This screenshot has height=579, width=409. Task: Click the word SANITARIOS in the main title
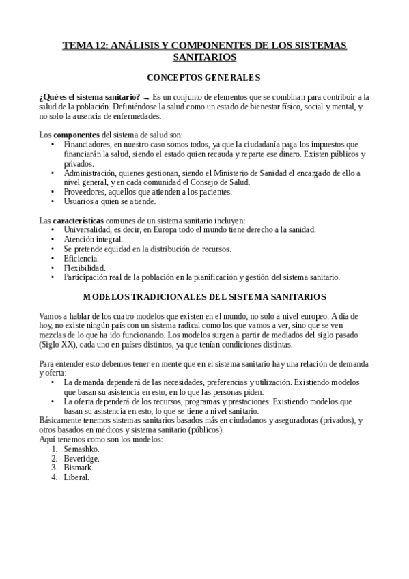point(204,58)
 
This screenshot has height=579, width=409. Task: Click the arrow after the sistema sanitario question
point(147,98)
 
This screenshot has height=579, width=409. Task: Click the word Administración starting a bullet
point(91,173)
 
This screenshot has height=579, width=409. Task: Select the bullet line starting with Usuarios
point(109,201)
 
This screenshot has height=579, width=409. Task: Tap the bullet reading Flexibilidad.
point(84,268)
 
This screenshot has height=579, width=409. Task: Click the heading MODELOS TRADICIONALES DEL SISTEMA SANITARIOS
point(204,297)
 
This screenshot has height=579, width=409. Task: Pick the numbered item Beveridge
point(82,459)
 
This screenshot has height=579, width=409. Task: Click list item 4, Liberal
point(76,477)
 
